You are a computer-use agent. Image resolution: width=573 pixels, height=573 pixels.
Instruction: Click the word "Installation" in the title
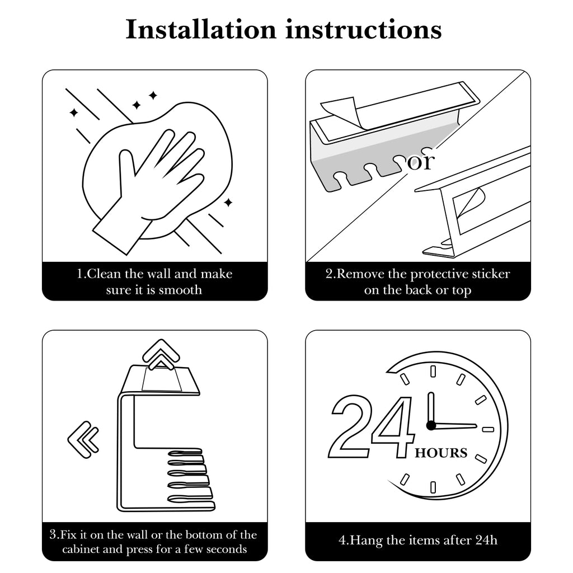201,29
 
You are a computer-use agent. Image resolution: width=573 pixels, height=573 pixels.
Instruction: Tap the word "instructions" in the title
364,29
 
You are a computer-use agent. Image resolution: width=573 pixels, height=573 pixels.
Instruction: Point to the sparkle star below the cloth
228,202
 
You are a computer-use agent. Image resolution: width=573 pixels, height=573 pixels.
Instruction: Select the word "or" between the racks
421,161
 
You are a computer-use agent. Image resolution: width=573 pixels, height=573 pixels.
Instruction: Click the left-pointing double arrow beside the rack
83,440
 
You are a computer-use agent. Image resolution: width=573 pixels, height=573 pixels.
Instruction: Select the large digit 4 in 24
393,427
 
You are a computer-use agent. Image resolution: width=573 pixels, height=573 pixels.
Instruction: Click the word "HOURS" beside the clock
441,453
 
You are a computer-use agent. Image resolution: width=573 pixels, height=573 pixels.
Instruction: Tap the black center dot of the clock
431,425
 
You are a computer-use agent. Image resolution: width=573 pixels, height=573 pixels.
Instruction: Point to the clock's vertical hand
431,407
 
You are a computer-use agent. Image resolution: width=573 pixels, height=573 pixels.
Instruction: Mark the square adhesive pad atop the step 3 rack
162,379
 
